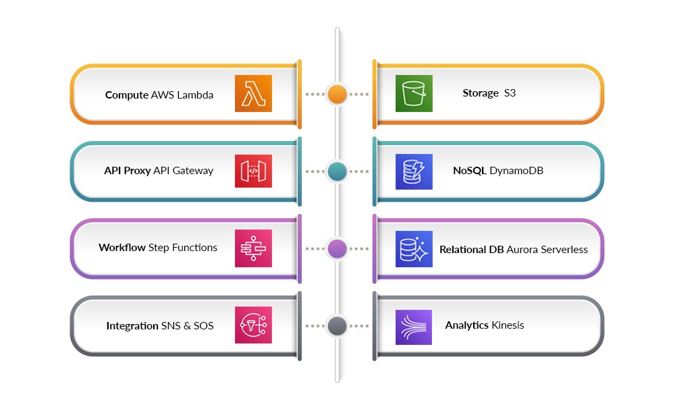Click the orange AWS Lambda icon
click(253, 93)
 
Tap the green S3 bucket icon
click(414, 93)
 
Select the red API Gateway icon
click(253, 171)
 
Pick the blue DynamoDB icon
click(414, 171)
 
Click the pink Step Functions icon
click(253, 248)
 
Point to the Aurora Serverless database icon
click(414, 248)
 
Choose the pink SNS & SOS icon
click(253, 325)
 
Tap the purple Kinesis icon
click(414, 326)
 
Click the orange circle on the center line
click(337, 94)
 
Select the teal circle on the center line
click(337, 171)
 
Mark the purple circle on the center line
click(337, 248)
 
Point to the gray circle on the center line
click(337, 326)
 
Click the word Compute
click(126, 95)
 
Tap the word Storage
click(480, 93)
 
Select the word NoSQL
click(469, 171)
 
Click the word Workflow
click(122, 248)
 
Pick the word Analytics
click(466, 325)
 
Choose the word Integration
click(132, 326)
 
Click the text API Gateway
click(183, 171)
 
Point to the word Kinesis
click(508, 325)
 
